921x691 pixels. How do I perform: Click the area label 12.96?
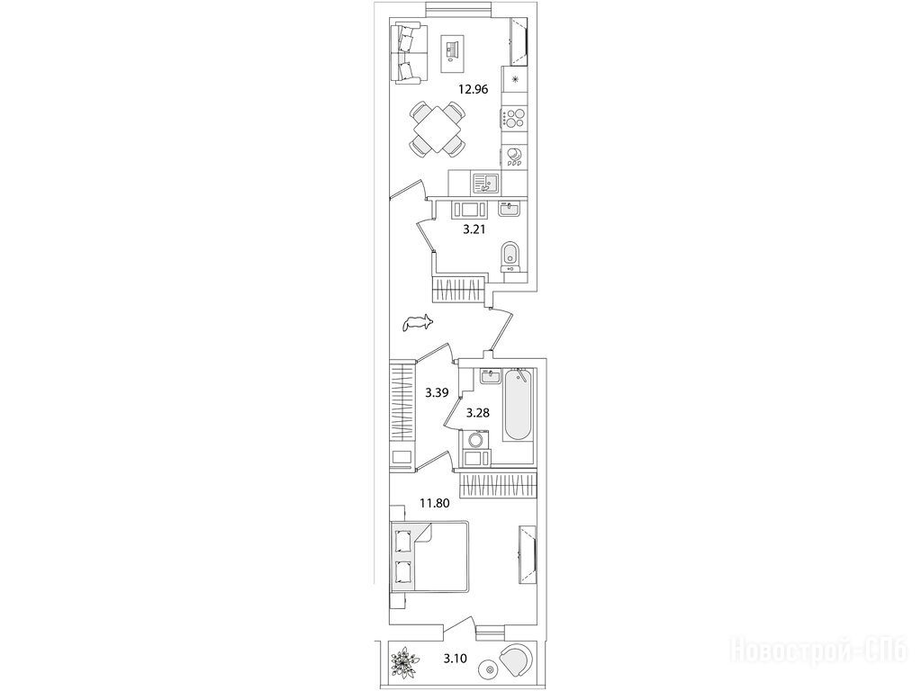pyautogui.click(x=474, y=90)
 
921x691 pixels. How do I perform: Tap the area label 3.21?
pyautogui.click(x=474, y=230)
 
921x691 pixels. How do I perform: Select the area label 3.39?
pyautogui.click(x=437, y=393)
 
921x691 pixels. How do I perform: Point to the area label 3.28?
pyautogui.click(x=477, y=413)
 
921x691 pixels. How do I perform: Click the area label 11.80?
pyautogui.click(x=434, y=503)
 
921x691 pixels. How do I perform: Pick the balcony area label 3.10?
pyautogui.click(x=456, y=659)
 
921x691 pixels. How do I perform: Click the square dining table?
pyautogui.click(x=437, y=130)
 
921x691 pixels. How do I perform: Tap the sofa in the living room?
pyautogui.click(x=406, y=52)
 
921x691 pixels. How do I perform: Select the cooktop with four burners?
pyautogui.click(x=515, y=119)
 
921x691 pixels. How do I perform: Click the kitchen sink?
pyautogui.click(x=485, y=183)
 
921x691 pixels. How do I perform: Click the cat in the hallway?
pyautogui.click(x=418, y=323)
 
